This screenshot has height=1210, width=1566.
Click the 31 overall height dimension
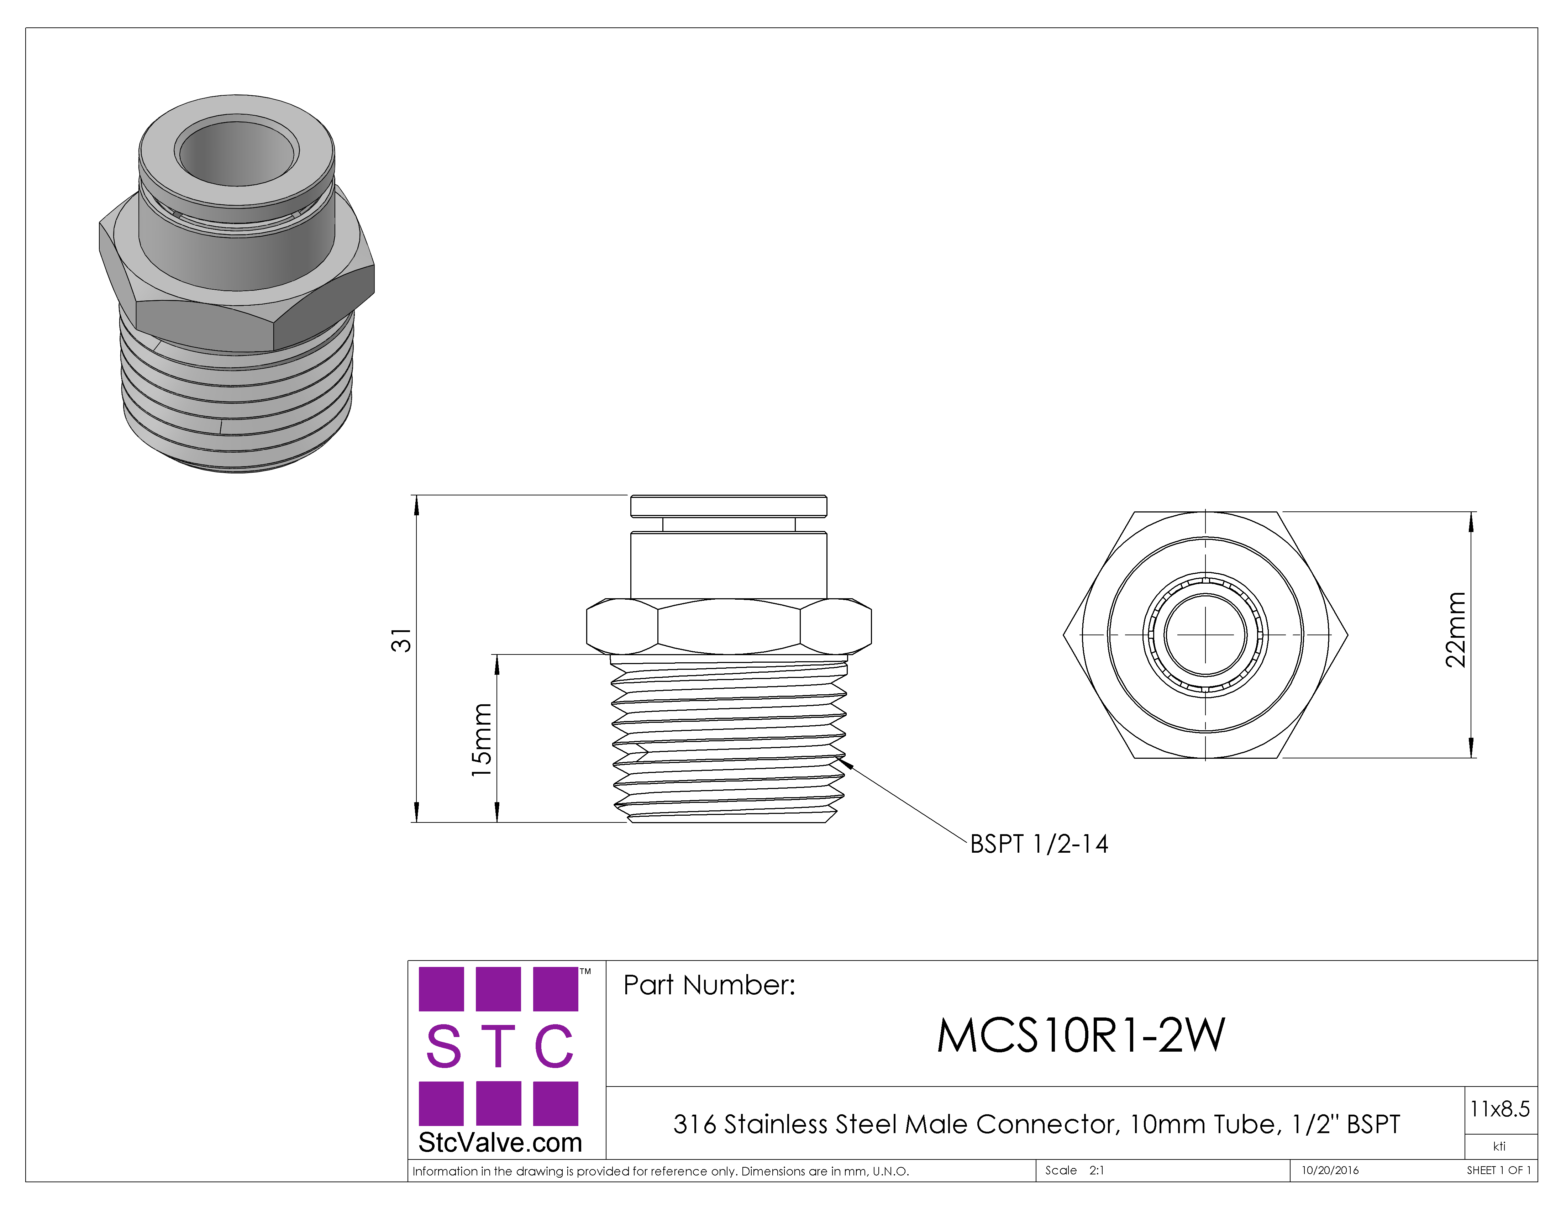[401, 640]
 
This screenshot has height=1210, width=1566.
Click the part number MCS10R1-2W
[1081, 1035]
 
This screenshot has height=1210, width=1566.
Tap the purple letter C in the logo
[554, 1047]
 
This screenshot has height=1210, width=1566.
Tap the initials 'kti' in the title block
[1499, 1146]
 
